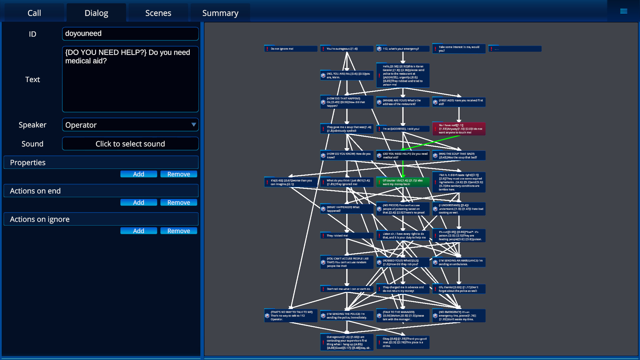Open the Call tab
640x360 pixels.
[x=34, y=13]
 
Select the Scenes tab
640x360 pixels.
[x=158, y=13]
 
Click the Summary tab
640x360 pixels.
[x=220, y=13]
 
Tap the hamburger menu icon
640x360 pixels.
[x=623, y=11]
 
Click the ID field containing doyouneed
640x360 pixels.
[x=130, y=34]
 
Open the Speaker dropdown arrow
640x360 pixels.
[x=193, y=125]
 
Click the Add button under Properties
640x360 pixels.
[x=138, y=174]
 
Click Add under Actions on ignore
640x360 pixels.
[x=138, y=231]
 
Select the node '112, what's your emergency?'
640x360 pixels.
[x=403, y=49]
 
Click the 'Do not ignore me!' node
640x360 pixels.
[x=290, y=49]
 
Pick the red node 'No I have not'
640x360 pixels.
[x=459, y=129]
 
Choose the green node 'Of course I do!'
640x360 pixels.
[x=403, y=182]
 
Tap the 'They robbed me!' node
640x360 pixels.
[x=347, y=236]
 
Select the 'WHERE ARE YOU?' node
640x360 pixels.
[x=403, y=102]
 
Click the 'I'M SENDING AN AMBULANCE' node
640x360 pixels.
[x=459, y=262]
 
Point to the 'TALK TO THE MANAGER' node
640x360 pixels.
[x=403, y=316]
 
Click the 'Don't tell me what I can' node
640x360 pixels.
[x=347, y=289]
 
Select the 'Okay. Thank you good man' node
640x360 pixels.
[x=403, y=342]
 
